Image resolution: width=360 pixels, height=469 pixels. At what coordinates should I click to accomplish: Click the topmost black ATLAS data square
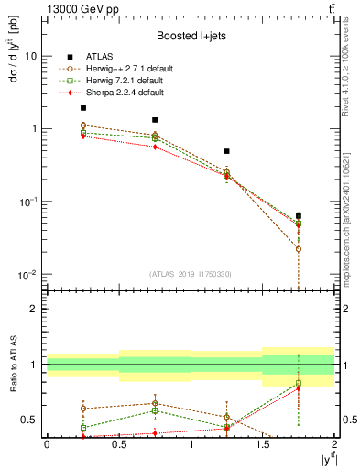tap(83, 108)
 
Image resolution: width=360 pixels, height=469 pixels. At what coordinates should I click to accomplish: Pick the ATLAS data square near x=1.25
tap(226, 151)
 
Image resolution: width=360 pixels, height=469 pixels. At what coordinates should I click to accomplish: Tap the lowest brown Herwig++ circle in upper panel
tap(299, 249)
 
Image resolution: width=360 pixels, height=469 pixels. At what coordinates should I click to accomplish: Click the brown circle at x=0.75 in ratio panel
tap(155, 403)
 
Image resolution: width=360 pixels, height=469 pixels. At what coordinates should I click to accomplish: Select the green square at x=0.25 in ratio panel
tap(83, 428)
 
